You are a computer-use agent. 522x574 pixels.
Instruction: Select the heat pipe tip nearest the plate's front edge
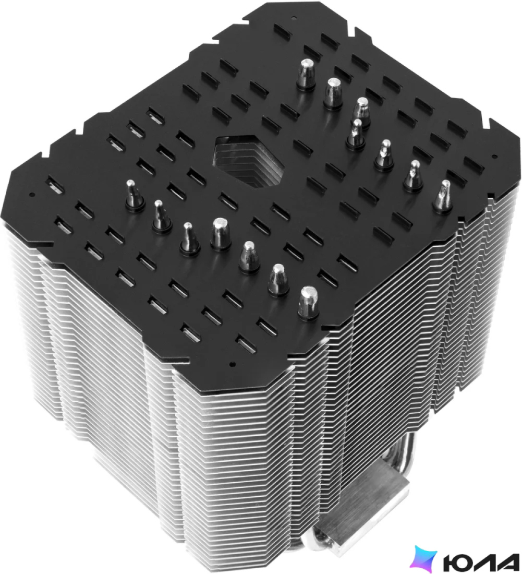point(308,304)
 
